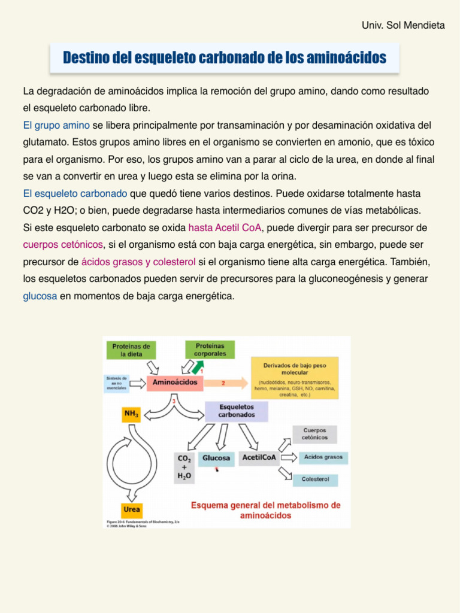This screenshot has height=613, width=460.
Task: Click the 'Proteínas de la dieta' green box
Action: point(131,350)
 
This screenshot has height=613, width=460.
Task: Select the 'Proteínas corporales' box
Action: point(210,350)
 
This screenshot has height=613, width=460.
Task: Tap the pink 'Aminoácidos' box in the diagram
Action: point(175,383)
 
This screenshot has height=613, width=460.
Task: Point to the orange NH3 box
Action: point(131,414)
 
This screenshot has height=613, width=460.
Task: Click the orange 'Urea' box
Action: point(132,509)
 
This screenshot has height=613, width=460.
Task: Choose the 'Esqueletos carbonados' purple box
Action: point(236,411)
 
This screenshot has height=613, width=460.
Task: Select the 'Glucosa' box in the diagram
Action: point(216,458)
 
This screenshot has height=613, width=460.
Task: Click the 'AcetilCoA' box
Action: point(259,458)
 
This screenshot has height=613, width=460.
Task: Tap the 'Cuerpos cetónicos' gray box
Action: point(314,435)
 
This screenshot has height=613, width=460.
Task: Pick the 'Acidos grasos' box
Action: point(323,457)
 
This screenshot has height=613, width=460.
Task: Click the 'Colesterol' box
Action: point(315,480)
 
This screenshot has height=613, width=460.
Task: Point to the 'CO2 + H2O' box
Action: point(184,467)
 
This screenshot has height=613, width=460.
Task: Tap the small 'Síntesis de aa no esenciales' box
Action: point(116,383)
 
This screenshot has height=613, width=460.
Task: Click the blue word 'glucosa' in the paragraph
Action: point(40,296)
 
